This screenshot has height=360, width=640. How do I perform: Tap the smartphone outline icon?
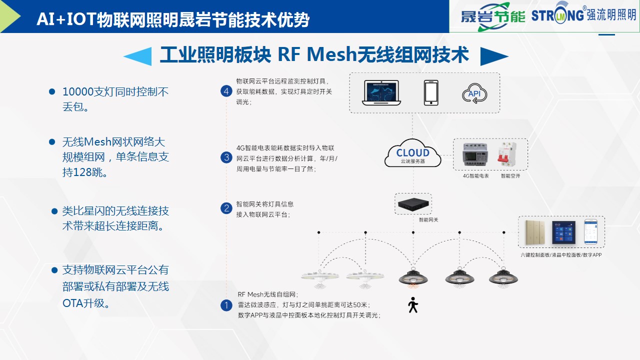click(x=431, y=92)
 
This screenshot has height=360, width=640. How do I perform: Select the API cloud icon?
click(x=474, y=93)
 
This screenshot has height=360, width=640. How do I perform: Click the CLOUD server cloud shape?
click(x=412, y=153)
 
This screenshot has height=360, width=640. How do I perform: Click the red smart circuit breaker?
click(x=506, y=155)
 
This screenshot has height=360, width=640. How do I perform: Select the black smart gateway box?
click(x=412, y=203)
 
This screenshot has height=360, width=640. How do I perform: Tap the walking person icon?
click(x=412, y=305)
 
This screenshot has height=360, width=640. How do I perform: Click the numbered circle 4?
click(x=226, y=91)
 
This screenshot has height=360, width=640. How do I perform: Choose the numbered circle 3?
click(x=226, y=158)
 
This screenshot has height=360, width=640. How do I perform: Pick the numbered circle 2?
click(x=226, y=208)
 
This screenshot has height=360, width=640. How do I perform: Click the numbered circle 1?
click(x=226, y=305)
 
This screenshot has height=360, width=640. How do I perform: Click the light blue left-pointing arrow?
click(x=137, y=56)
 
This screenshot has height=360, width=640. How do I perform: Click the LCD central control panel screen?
click(x=563, y=232)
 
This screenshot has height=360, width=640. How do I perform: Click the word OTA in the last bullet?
click(x=73, y=303)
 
